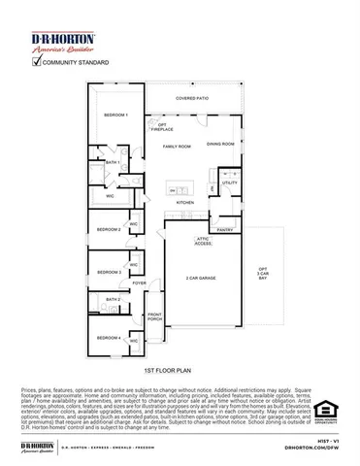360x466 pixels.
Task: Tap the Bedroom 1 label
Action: click(115, 116)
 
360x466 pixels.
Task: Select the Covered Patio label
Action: click(192, 98)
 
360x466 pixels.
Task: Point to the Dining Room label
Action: click(220, 144)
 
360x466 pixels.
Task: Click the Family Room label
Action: click(177, 147)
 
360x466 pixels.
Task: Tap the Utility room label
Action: click(229, 183)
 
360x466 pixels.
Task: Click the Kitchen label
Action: click(184, 202)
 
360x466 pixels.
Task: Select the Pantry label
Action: click(225, 230)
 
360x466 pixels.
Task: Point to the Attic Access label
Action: click(203, 241)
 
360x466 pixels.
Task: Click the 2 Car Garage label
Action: click(201, 279)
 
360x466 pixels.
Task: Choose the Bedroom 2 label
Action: click(109, 229)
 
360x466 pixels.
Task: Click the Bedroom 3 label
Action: click(109, 272)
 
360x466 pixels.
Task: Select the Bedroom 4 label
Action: click(109, 337)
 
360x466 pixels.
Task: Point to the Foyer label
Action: click(140, 283)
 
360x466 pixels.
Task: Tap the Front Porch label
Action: click(154, 316)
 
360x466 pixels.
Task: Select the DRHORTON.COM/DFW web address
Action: click(312, 448)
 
